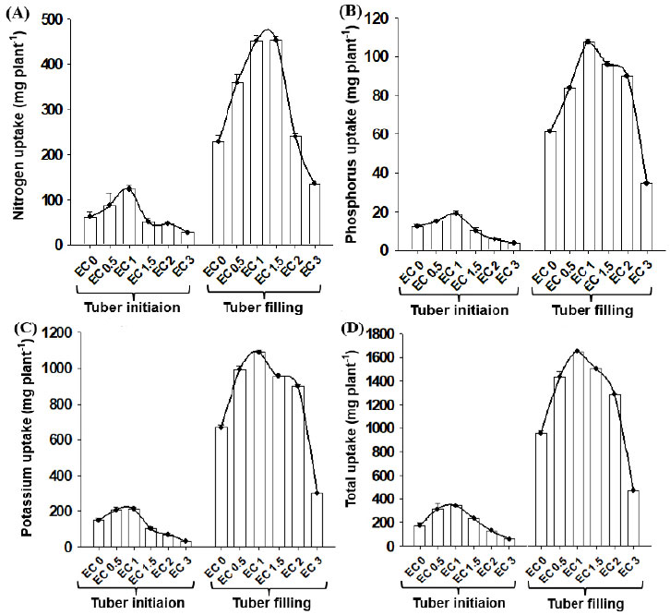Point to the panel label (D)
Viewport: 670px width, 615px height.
352,328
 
